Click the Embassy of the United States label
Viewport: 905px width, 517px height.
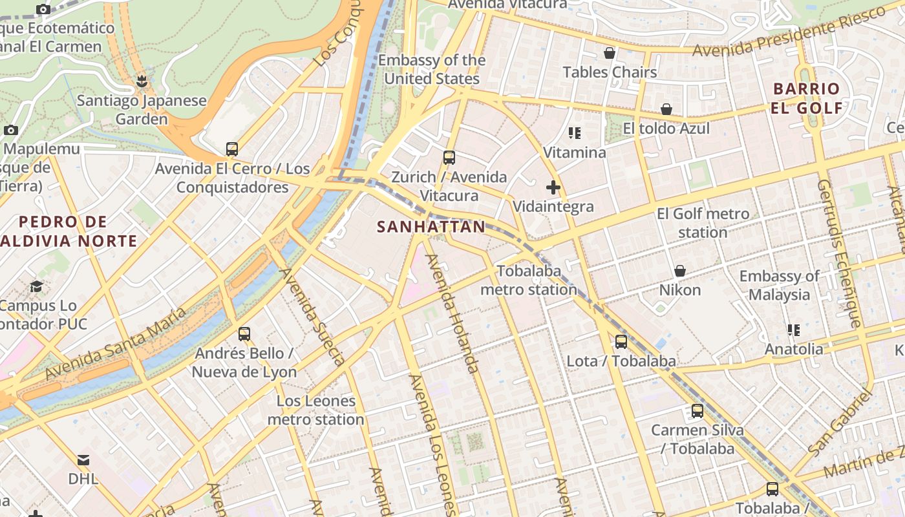click(x=431, y=69)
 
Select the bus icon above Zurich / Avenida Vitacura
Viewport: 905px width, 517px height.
click(x=449, y=157)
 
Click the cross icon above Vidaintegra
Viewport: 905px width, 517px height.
click(x=553, y=188)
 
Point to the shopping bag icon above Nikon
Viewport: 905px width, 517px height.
click(x=679, y=271)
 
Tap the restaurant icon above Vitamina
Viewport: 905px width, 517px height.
click(x=574, y=133)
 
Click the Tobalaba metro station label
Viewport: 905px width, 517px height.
click(x=528, y=280)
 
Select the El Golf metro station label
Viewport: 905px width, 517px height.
click(x=703, y=223)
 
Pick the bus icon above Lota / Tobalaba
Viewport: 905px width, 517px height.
click(x=621, y=342)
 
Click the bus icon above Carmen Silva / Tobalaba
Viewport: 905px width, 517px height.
click(x=697, y=411)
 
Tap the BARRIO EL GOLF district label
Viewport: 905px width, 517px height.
click(x=807, y=98)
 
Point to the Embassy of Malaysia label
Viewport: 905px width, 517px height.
click(x=779, y=285)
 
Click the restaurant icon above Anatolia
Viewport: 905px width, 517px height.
click(x=794, y=330)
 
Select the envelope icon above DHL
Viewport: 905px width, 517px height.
click(x=83, y=460)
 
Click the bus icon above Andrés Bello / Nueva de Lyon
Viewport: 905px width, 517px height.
click(x=244, y=334)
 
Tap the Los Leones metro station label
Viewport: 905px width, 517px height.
click(x=315, y=410)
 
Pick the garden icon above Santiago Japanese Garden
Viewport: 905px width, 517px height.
click(x=142, y=81)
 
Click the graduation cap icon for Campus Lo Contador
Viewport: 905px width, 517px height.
click(x=37, y=286)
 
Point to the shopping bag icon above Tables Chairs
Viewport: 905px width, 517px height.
click(x=609, y=53)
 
